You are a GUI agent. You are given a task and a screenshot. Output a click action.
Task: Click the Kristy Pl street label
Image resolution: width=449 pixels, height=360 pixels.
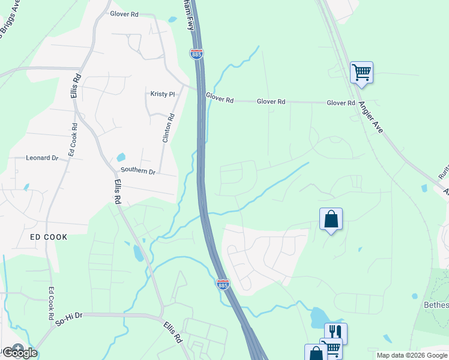162,94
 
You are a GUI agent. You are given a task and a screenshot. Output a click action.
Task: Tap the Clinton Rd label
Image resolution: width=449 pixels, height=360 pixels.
168,128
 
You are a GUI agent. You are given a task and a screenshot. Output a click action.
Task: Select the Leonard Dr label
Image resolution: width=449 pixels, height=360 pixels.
41,158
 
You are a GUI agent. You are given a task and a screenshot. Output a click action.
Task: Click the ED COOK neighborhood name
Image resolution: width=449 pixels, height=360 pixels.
49,237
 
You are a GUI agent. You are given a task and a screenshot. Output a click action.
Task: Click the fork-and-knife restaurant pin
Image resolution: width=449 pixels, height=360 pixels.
336,332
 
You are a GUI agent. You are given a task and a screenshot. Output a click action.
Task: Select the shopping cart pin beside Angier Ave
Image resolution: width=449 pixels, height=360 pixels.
361,73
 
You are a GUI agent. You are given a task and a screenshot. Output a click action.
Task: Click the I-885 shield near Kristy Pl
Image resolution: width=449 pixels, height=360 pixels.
197,54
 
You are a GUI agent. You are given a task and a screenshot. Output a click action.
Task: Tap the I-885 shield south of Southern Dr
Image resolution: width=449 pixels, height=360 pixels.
223,284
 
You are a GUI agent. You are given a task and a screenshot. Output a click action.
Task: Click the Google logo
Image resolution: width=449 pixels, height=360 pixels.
19,352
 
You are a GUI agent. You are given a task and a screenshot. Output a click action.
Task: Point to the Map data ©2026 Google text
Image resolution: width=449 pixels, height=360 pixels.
412,355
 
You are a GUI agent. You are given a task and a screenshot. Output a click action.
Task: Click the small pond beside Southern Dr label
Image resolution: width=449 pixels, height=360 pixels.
121,157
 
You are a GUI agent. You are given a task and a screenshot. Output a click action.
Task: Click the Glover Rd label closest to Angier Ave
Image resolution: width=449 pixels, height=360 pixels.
341,103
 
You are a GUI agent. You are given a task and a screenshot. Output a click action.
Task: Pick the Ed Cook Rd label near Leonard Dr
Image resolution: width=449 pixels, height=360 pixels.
73,140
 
